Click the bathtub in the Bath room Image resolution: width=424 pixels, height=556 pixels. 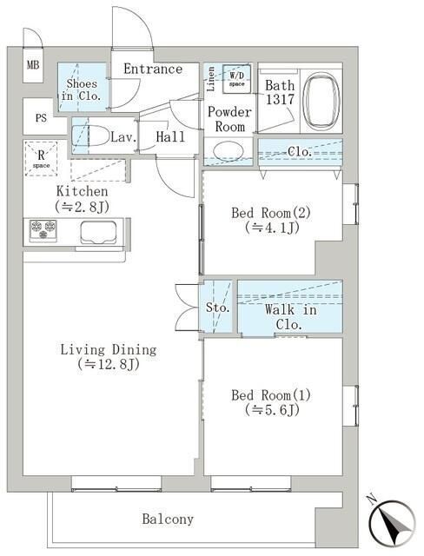click(321, 101)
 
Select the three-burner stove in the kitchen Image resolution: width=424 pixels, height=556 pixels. click(43, 230)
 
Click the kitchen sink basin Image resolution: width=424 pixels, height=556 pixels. click(98, 233)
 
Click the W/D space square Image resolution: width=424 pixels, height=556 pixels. click(237, 79)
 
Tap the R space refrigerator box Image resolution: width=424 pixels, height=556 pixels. click(41, 158)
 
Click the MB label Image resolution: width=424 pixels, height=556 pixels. click(33, 65)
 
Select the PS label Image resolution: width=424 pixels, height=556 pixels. click(41, 118)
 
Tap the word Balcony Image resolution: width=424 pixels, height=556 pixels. click(168, 520)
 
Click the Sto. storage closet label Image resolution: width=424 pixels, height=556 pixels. click(218, 308)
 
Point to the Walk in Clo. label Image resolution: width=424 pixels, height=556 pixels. click(290, 317)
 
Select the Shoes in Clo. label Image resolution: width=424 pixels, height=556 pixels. click(82, 89)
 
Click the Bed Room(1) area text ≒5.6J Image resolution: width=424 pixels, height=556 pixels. click(272, 410)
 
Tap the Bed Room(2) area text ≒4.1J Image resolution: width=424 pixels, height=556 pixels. click(272, 228)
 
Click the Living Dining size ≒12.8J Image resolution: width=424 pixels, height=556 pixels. click(109, 364)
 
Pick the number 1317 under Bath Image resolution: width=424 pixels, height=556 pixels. click(280, 100)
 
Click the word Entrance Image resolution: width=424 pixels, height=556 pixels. click(153, 69)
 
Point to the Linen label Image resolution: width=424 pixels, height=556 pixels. click(211, 79)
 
